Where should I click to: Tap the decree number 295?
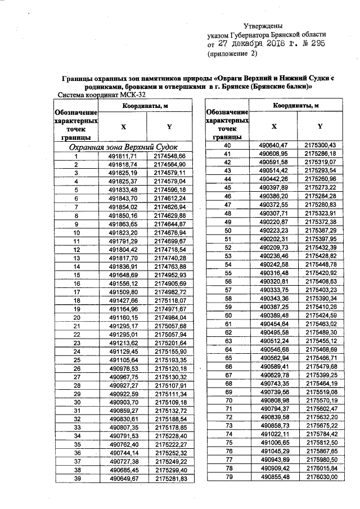(316, 43)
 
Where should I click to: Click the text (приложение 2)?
(232, 54)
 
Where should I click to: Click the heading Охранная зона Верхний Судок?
(123, 146)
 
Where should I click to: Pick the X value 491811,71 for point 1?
(123, 155)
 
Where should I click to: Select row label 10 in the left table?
(76, 232)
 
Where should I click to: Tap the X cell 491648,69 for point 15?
(123, 275)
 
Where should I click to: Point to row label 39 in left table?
(76, 479)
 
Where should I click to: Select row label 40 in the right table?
(228, 145)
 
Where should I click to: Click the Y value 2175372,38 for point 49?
(319, 222)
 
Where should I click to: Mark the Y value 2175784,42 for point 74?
(319, 434)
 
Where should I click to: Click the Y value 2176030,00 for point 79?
(319, 477)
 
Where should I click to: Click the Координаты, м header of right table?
(296, 105)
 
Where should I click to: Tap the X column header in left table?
(123, 127)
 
